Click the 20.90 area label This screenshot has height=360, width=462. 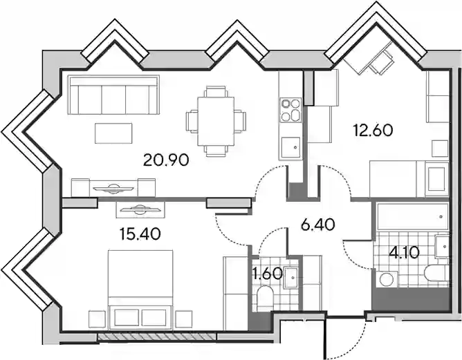166,160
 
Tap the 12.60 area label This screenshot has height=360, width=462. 373,131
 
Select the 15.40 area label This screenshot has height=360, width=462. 140,234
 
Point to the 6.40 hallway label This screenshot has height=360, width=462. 318,225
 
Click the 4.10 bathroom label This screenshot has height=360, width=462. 404,253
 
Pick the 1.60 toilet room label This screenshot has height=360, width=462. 268,274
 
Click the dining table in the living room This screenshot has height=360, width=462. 216,121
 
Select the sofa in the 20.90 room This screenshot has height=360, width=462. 113,95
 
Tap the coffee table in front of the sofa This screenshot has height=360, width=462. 113,133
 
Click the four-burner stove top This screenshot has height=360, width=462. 290,110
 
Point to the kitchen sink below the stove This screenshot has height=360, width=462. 290,147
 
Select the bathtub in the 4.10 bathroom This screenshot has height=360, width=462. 412,216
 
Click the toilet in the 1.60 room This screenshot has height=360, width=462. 266,299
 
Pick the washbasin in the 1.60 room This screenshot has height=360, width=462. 290,278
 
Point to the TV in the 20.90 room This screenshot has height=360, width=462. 113,189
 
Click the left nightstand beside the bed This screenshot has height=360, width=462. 97,319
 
